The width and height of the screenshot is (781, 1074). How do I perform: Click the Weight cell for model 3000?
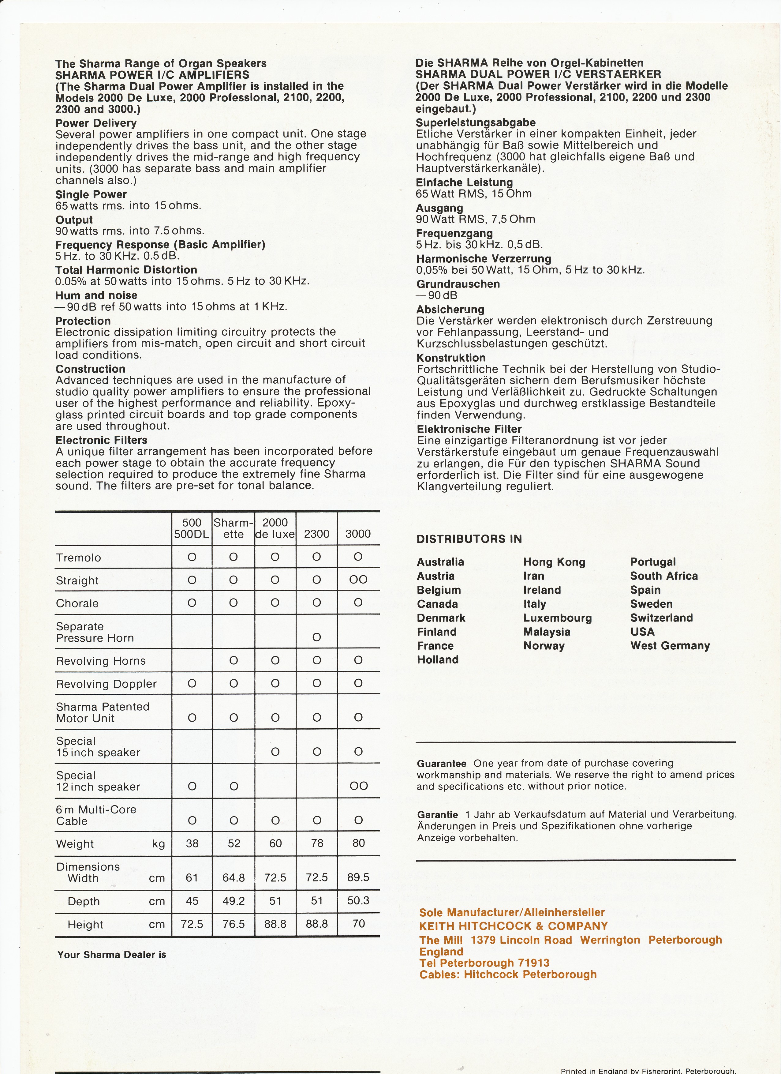coord(358,843)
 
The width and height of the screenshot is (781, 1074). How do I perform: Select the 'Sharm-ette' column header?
coord(234,528)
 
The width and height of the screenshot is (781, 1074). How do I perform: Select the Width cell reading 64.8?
coord(234,877)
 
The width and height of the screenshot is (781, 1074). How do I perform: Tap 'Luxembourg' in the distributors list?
coord(557,618)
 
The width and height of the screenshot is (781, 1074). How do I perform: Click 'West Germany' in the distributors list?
coord(670,646)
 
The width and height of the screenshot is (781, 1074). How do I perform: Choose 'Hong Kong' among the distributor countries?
coord(554,562)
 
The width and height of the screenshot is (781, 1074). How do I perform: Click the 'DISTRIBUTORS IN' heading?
coord(469,539)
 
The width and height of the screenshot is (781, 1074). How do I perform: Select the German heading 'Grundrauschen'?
coord(458,284)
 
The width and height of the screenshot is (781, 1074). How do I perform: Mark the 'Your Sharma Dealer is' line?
coord(112,955)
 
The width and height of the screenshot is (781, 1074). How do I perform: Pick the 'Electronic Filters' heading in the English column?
coord(101,440)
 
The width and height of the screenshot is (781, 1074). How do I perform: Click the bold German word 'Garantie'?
coord(437,815)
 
